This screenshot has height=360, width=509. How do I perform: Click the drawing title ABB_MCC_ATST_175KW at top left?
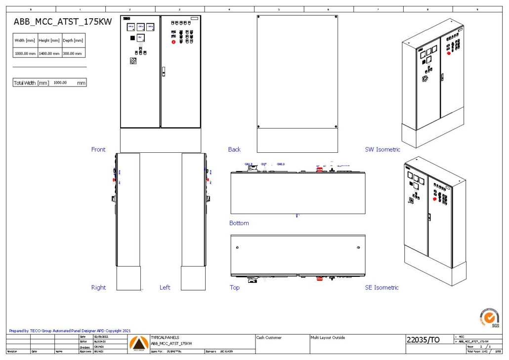click(62, 22)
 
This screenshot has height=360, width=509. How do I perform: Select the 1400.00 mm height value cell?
click(49, 53)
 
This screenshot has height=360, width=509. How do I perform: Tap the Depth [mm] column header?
click(73, 41)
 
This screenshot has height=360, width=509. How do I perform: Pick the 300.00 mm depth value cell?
click(73, 53)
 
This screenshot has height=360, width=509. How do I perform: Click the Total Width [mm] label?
click(31, 83)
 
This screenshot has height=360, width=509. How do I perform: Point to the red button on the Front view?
click(173, 42)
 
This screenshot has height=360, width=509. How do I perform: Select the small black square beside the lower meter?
click(132, 38)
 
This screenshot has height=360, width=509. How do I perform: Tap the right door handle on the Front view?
click(163, 73)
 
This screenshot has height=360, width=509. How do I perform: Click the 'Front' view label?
click(98, 149)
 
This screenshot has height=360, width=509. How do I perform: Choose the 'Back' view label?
click(234, 149)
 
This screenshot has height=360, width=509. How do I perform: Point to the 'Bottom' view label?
click(239, 223)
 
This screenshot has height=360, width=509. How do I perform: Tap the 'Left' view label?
click(165, 287)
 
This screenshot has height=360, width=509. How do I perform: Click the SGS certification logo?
click(488, 317)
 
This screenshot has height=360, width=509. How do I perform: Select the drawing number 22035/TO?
click(423, 340)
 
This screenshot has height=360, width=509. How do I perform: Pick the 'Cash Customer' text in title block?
click(269, 338)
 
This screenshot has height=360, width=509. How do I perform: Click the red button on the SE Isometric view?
click(435, 199)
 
